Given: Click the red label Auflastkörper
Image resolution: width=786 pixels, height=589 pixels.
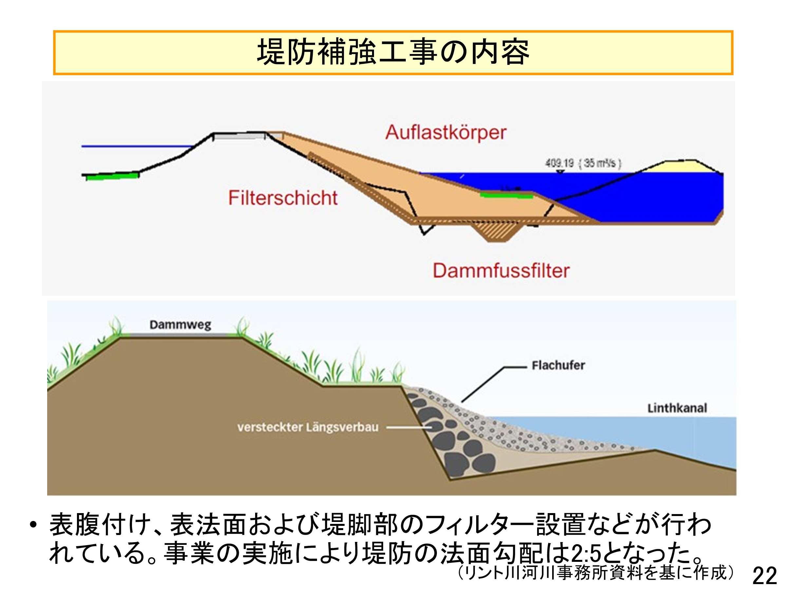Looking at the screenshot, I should coord(446,133).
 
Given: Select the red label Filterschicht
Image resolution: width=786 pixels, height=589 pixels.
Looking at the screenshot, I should coord(283,198).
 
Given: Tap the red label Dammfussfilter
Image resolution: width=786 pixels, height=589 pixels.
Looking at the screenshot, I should coord(501,271).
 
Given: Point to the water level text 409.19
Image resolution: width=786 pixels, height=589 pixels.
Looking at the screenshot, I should coord(560,163).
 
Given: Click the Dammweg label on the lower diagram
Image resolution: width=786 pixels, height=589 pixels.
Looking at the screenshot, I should coord(180,325).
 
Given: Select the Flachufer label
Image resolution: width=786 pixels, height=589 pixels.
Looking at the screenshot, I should coord(558,365).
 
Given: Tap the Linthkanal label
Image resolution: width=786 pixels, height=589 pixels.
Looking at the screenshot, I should coord(677,408).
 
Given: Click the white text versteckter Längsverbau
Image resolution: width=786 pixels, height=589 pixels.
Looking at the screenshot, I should coord(308,427).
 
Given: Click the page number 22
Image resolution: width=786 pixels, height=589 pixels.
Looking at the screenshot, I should coord(765,576).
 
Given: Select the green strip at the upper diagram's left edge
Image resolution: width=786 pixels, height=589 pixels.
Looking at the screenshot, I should coord(112,176).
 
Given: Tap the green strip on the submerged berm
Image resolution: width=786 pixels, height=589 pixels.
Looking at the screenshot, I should coord(506,195).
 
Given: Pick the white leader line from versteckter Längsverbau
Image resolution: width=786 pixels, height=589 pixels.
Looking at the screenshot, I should coord(409,427).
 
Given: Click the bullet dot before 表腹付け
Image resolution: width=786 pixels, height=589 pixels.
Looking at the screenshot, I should coord(33,525).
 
